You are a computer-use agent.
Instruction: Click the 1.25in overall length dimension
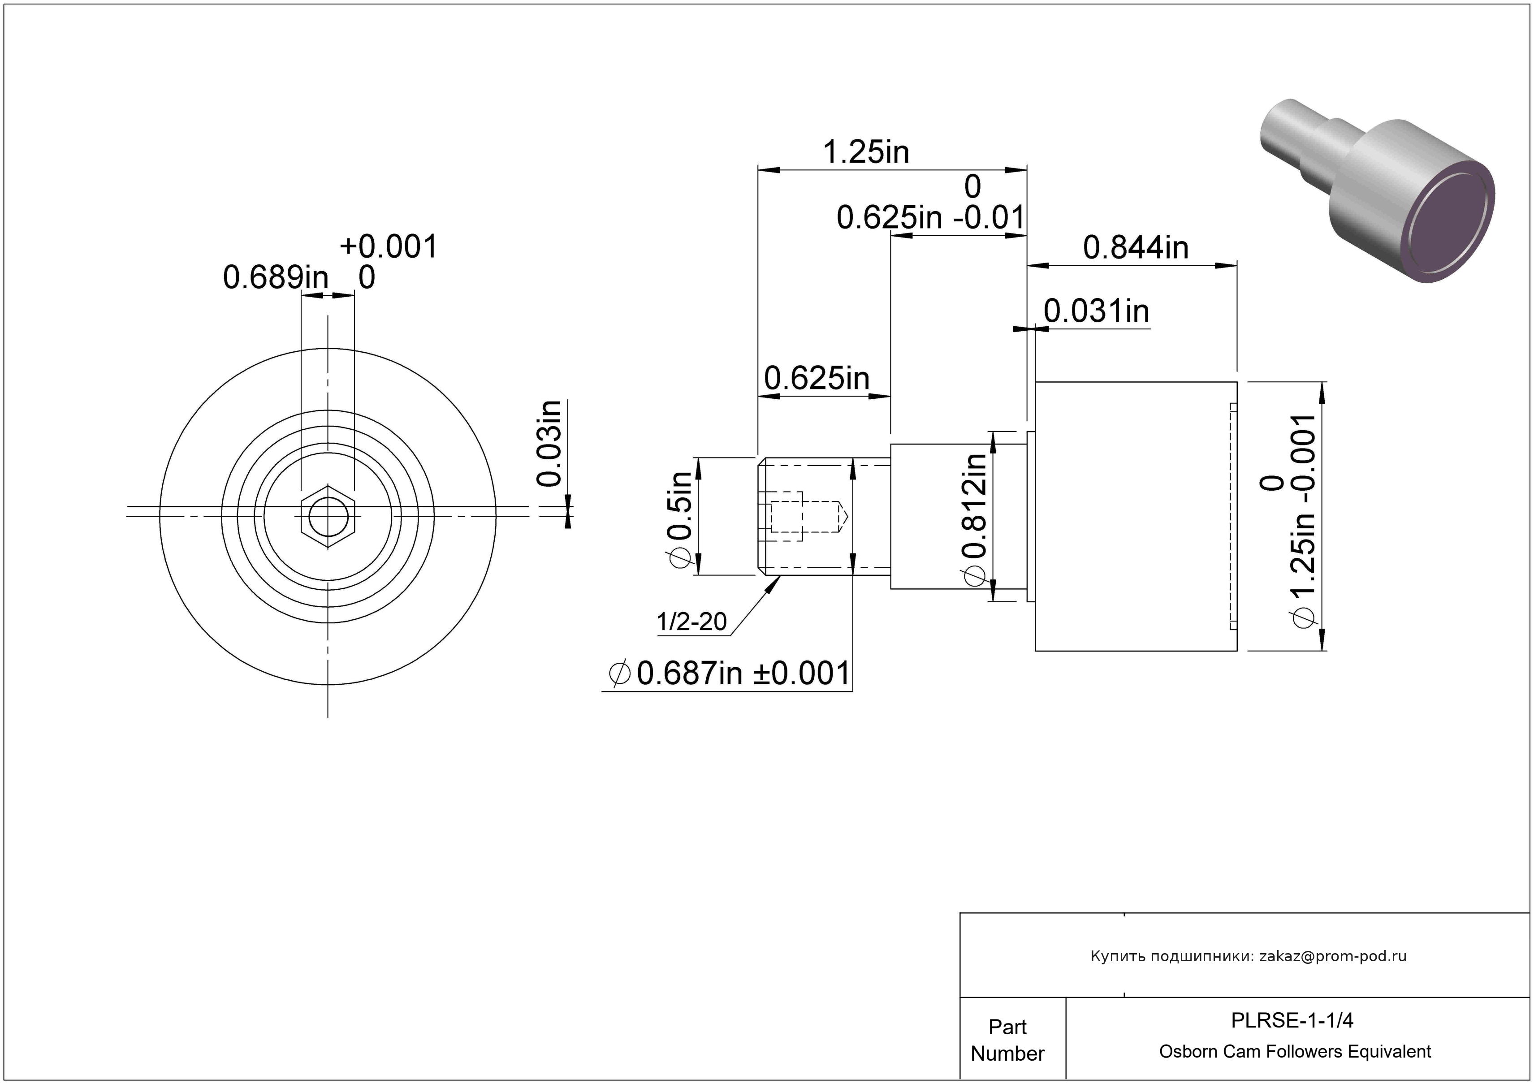pyautogui.click(x=866, y=152)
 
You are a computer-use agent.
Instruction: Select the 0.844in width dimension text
pyautogui.click(x=1136, y=248)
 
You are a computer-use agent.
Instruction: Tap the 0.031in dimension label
pyautogui.click(x=1096, y=311)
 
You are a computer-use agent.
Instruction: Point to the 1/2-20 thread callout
pyautogui.click(x=691, y=622)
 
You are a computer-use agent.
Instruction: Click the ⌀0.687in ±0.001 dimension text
pyautogui.click(x=730, y=673)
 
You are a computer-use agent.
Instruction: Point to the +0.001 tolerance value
pyautogui.click(x=389, y=246)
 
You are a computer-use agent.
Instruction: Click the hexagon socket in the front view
pyautogui.click(x=328, y=516)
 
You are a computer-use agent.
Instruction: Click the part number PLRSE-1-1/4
pyautogui.click(x=1292, y=1020)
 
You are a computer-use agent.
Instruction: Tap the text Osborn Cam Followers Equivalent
pyautogui.click(x=1295, y=1052)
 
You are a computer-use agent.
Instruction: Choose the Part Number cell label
pyautogui.click(x=1007, y=1040)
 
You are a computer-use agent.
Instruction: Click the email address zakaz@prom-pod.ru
pyautogui.click(x=1333, y=956)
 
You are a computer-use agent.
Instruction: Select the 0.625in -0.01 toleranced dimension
pyautogui.click(x=931, y=203)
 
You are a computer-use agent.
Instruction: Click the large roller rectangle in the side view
pyautogui.click(x=1136, y=516)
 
